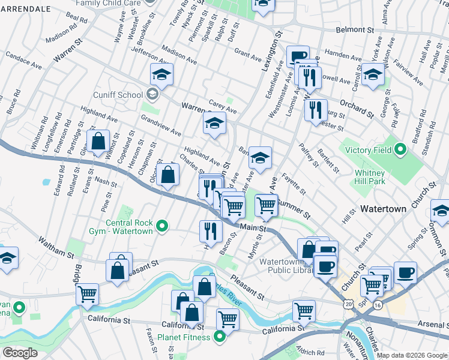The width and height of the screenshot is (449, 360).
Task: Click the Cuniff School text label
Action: pos(118,94)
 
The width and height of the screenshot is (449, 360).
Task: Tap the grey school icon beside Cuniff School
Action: pos(152,94)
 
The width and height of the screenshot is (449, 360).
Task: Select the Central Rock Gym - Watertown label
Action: pos(130,227)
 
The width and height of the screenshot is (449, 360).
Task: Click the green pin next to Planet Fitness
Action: pos(220,337)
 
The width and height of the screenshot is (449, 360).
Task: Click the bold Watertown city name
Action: pos(384,209)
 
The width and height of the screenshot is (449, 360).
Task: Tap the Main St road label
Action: pos(252,227)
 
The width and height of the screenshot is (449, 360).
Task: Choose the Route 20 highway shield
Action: pos(349,305)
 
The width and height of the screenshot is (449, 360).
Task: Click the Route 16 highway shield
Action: pos(378,305)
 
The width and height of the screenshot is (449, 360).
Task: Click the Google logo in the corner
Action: pos(19,353)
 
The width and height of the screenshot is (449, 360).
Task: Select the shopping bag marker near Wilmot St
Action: pos(98,142)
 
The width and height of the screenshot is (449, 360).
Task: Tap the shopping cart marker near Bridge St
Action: pos(87,294)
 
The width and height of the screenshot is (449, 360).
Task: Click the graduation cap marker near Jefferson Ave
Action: pos(161,74)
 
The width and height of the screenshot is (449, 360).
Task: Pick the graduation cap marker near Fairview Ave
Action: pos(373,74)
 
